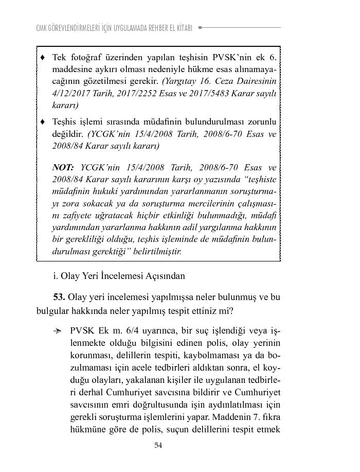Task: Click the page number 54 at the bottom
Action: point(158,445)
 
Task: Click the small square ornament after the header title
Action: point(200,28)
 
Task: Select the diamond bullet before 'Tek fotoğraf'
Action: point(43,57)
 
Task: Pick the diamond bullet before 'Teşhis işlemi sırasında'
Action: point(43,122)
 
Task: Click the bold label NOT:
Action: point(63,168)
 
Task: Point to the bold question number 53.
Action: point(59,298)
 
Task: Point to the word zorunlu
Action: point(262,122)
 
